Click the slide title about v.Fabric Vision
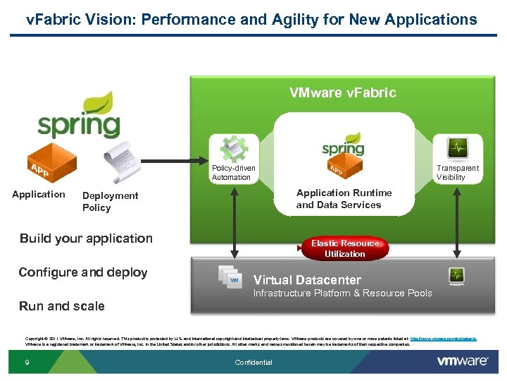251,19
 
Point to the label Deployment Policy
110,201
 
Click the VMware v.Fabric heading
343,92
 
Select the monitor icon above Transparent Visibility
458,148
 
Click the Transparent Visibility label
457,173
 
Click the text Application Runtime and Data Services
344,199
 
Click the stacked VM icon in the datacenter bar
230,277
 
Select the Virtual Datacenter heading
307,279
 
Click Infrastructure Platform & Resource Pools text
342,293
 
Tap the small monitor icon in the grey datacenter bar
456,275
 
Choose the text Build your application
86,238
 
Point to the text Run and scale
62,306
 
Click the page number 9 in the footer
26,363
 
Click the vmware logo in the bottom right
462,361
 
